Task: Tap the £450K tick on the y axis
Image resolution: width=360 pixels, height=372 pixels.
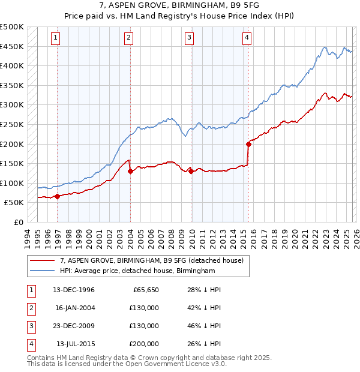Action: click(x=12, y=46)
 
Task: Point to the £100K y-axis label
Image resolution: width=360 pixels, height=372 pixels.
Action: click(x=12, y=183)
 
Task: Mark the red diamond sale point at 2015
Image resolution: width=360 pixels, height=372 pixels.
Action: click(x=248, y=143)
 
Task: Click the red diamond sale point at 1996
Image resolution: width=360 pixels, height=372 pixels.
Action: click(x=58, y=196)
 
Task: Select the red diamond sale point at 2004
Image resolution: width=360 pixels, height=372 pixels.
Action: click(x=131, y=171)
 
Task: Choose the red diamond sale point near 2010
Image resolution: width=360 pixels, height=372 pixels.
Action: click(x=191, y=171)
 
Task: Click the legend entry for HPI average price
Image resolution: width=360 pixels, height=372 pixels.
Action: click(x=137, y=271)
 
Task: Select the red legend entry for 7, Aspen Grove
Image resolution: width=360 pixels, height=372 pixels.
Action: click(x=152, y=260)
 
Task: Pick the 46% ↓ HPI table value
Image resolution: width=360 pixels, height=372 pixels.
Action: click(x=204, y=326)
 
